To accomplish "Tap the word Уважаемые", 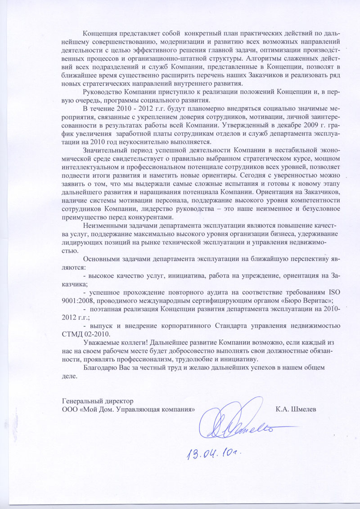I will pos(102,342).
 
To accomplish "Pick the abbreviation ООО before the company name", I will pos(69,410).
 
